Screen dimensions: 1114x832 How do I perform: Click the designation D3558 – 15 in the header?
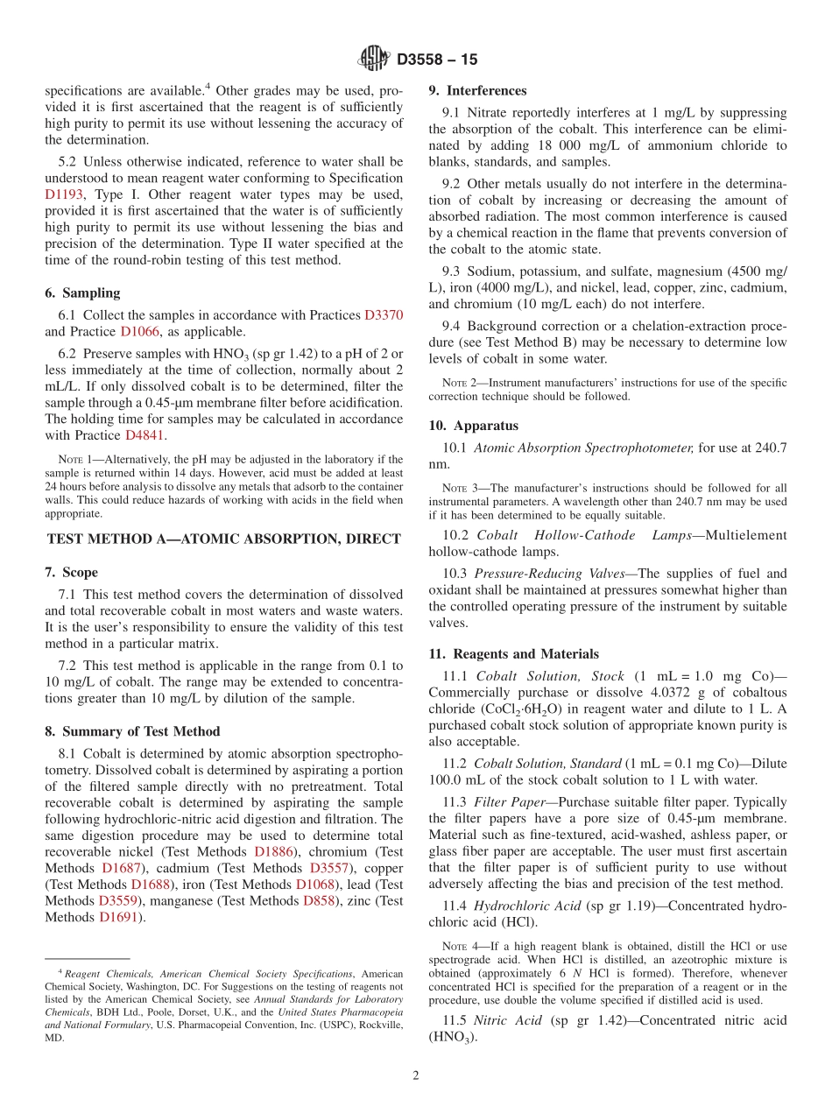pos(437,60)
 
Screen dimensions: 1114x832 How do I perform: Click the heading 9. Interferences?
pos(477,90)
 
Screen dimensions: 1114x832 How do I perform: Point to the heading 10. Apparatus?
pos(473,425)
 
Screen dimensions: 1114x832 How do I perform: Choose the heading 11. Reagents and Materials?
pos(513,653)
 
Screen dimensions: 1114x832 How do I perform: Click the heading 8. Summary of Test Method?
pos(132,730)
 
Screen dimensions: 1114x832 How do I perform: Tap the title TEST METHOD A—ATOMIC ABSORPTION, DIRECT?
pos(223,539)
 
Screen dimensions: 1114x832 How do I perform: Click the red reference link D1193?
pos(64,194)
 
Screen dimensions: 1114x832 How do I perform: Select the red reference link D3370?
pos(384,314)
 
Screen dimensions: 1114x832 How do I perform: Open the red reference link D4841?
pos(145,434)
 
